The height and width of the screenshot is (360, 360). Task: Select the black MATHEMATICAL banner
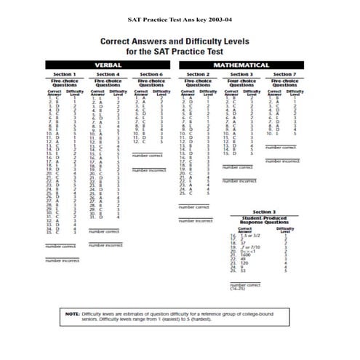241,65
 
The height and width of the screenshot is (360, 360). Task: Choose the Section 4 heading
107,74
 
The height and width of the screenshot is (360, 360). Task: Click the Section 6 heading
151,74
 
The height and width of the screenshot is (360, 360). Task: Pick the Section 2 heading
198,74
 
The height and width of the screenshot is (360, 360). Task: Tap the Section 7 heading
284,74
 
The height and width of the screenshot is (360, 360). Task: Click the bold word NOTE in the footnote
72,313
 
